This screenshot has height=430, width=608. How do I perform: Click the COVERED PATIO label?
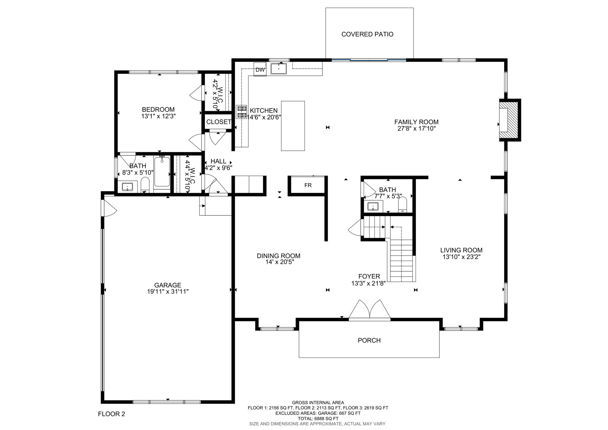[367, 34]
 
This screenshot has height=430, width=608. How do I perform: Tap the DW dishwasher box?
[260, 70]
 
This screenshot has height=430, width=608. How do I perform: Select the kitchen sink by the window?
[279, 69]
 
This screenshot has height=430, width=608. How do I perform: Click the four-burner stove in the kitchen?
[241, 112]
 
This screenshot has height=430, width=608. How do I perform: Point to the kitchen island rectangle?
[293, 126]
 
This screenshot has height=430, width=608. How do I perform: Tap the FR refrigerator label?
[308, 185]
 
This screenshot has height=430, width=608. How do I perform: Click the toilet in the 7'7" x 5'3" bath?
[403, 205]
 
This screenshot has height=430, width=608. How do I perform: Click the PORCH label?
[369, 340]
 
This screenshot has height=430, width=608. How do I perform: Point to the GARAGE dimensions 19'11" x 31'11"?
[168, 292]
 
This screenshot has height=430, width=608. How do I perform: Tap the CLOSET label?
[219, 122]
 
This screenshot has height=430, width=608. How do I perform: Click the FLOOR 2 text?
[112, 414]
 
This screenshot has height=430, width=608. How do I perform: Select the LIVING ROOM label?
[461, 250]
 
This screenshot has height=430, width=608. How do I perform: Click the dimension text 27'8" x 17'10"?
[417, 128]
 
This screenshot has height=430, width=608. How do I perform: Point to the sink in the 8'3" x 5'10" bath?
[128, 187]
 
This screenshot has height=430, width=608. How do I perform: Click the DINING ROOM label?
[278, 256]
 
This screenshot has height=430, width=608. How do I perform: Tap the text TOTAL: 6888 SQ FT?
[318, 418]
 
